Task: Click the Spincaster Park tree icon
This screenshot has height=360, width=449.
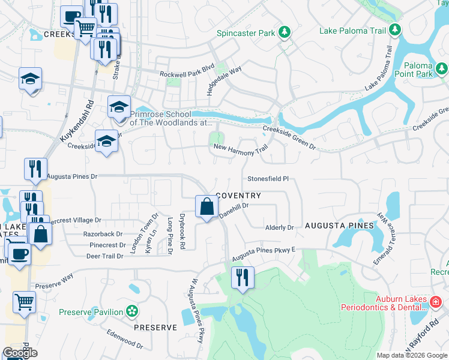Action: (x=286, y=32)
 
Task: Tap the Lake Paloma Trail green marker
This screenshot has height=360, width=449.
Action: (x=394, y=29)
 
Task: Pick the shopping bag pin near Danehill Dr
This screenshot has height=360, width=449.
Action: (x=206, y=207)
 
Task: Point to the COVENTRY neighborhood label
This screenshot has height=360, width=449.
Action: (x=238, y=196)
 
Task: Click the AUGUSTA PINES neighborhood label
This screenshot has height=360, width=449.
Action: (x=339, y=226)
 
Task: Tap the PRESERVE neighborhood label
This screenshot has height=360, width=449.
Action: (x=155, y=328)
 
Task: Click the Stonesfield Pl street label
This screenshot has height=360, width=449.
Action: (x=268, y=179)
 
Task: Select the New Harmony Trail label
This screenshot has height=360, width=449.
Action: (x=241, y=150)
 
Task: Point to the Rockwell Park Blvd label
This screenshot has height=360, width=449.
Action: (x=187, y=74)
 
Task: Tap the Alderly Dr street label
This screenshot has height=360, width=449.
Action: (x=279, y=228)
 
